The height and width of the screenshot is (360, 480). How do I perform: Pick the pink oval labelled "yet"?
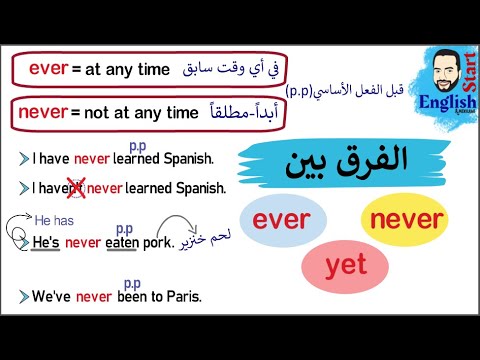point(345,265)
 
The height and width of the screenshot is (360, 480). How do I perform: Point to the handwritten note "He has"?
point(55,219)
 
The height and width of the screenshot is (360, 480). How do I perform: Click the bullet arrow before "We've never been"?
point(23,296)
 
